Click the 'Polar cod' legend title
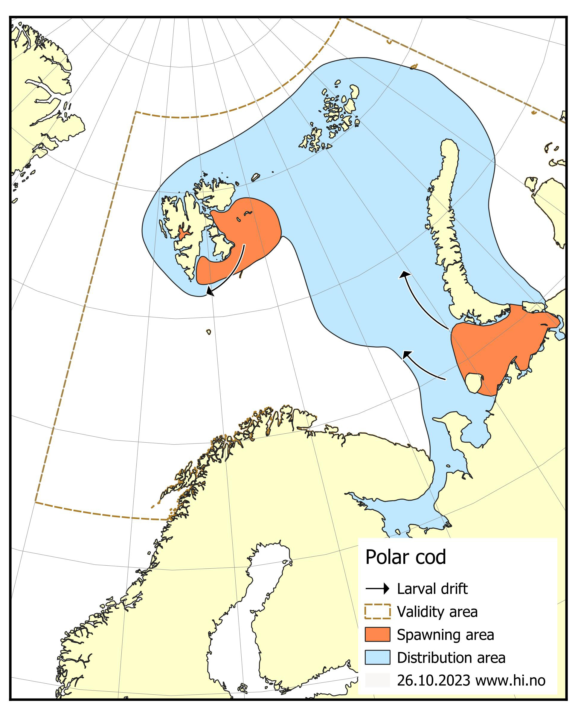tap(405, 557)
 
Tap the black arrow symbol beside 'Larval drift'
tap(377, 589)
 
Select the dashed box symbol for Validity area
tap(377, 611)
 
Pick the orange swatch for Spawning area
tap(377, 634)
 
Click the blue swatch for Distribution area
tap(377, 657)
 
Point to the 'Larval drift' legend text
tap(432, 589)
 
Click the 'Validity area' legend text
tap(437, 611)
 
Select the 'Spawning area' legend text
tap(446, 634)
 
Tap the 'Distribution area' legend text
tap(451, 657)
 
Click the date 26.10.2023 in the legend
tap(433, 680)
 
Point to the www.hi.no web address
tap(510, 680)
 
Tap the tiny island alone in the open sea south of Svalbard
tap(209, 332)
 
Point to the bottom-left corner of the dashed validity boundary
tap(36, 502)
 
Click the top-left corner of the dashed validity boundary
tap(135, 112)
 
